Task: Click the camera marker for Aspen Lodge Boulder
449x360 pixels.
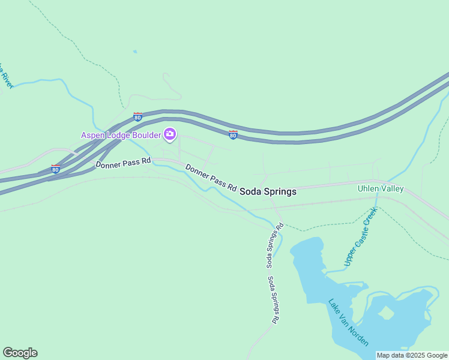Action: pos(170,134)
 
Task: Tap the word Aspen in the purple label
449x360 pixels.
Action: pos(94,135)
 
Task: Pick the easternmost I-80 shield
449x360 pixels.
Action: pos(233,135)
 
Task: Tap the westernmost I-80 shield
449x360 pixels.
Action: pos(55,169)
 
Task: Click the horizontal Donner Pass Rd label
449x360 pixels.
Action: pos(122,163)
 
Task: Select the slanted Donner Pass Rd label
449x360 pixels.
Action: pos(211,178)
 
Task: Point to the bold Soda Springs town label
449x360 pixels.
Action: pos(268,192)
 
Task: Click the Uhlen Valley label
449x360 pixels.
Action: pos(381,189)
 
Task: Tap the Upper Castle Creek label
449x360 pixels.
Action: pos(360,236)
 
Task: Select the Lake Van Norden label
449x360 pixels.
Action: pos(349,322)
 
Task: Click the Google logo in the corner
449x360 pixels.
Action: pos(20,353)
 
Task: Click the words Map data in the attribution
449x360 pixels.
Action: pos(391,355)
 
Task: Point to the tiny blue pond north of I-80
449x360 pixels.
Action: pos(135,52)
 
